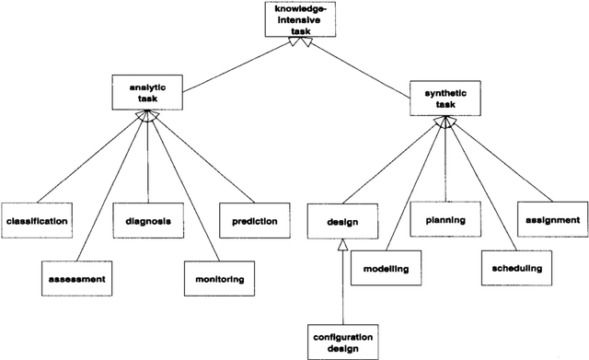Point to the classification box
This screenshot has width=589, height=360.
pyautogui.click(x=38, y=222)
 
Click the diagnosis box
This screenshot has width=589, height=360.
pyautogui.click(x=147, y=222)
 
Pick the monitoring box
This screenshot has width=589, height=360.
pyautogui.click(x=216, y=277)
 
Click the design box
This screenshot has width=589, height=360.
pyautogui.click(x=341, y=222)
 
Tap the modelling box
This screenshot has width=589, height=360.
pyautogui.click(x=386, y=268)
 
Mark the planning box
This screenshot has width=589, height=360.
pyautogui.click(x=445, y=220)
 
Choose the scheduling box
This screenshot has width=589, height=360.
pyautogui.click(x=511, y=268)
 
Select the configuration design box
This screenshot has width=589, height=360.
pyautogui.click(x=341, y=342)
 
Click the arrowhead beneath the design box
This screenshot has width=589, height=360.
pyautogui.click(x=341, y=243)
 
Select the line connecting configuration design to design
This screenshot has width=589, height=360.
pyautogui.click(x=341, y=285)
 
